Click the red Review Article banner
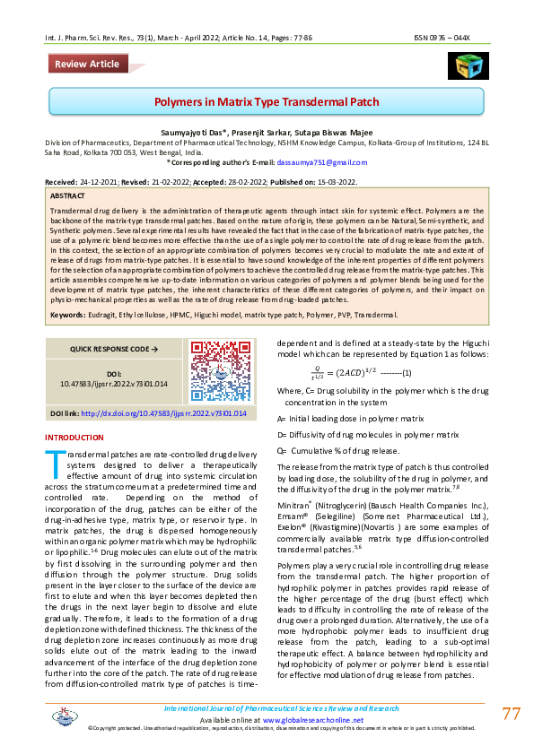point(86,64)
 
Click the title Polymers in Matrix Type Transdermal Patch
point(267,102)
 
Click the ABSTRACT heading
point(68,195)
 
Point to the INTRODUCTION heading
point(74,438)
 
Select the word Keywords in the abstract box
point(67,316)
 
